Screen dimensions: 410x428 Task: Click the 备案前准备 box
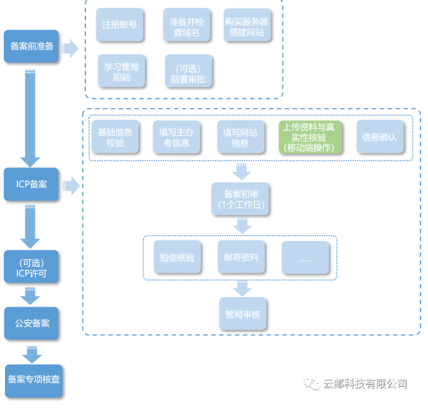pyautogui.click(x=31, y=46)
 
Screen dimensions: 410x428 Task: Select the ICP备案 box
pyautogui.click(x=31, y=184)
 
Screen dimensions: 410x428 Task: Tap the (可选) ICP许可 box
pyautogui.click(x=31, y=268)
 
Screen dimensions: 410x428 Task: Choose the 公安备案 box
pyautogui.click(x=31, y=323)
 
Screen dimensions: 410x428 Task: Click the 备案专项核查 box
pyautogui.click(x=34, y=380)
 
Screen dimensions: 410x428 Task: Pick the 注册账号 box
pyautogui.click(x=120, y=26)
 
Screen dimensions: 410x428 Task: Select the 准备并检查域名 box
pyautogui.click(x=185, y=26)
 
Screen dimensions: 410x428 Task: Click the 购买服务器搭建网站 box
pyautogui.click(x=248, y=26)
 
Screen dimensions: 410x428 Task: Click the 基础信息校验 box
pyautogui.click(x=115, y=137)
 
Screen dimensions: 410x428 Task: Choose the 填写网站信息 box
pyautogui.click(x=241, y=137)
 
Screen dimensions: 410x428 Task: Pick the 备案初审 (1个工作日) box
pyautogui.click(x=242, y=199)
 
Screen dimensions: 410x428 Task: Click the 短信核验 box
pyautogui.click(x=178, y=257)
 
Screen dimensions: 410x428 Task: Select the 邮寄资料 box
pyautogui.click(x=242, y=257)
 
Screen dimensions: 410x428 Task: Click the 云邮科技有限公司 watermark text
pyautogui.click(x=364, y=384)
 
